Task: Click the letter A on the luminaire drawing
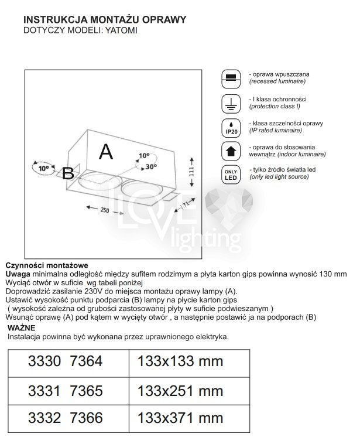point(105,151)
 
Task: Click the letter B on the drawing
point(68,173)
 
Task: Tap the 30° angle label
point(151,166)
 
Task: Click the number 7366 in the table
point(86,418)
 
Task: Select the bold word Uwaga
point(18,274)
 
